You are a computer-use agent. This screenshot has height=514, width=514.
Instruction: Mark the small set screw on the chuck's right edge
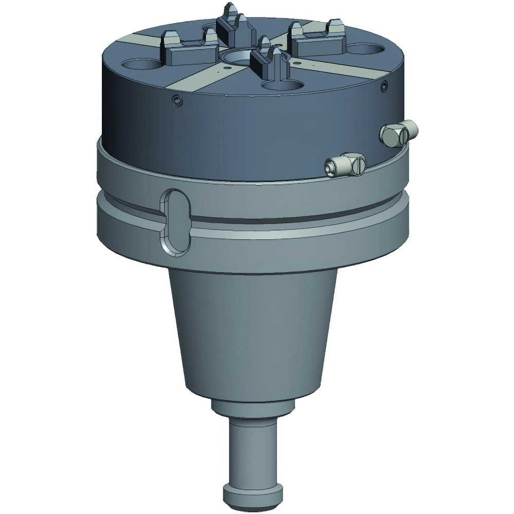coord(384,88)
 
